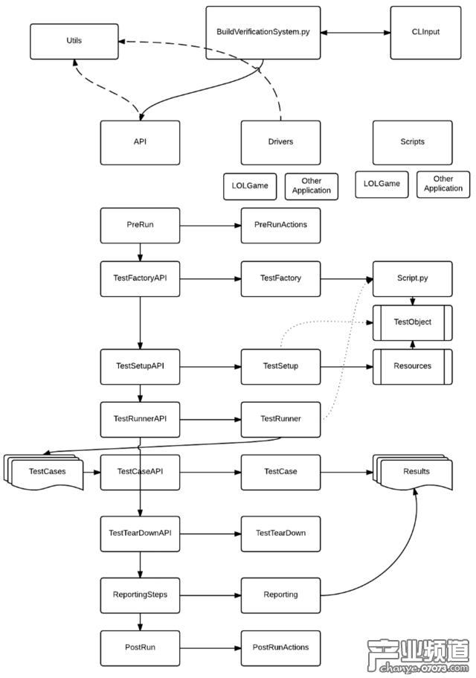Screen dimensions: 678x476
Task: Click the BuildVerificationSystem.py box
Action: [263, 33]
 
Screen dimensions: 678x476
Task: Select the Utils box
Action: [74, 42]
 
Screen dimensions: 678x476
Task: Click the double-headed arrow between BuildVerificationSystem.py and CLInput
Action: [356, 33]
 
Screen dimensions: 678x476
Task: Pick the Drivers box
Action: [280, 142]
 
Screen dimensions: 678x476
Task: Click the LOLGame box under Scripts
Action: [382, 184]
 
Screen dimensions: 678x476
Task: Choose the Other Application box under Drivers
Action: [312, 186]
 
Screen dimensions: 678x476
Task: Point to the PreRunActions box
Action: [280, 225]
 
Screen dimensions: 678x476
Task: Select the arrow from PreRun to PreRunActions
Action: [210, 225]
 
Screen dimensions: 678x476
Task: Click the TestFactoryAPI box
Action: [140, 278]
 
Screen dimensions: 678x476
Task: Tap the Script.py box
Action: [412, 278]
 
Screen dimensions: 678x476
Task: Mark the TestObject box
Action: [412, 322]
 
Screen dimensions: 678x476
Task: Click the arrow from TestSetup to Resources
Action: [346, 366]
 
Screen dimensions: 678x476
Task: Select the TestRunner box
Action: [280, 419]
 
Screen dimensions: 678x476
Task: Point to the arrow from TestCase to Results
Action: [346, 472]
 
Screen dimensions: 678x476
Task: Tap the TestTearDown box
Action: [280, 533]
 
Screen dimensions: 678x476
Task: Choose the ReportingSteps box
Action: [140, 595]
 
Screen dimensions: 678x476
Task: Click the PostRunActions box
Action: [280, 647]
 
